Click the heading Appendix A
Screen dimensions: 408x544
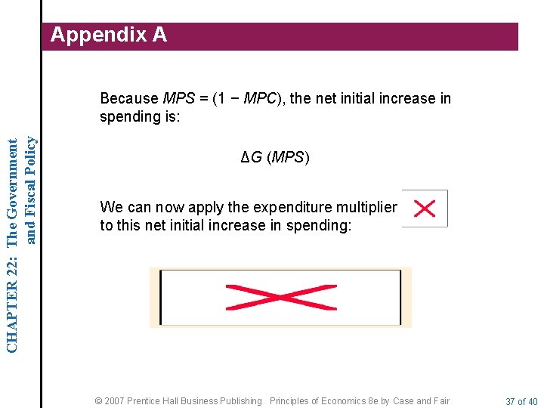(108, 35)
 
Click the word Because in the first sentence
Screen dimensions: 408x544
(129, 98)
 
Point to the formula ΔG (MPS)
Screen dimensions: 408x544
(275, 158)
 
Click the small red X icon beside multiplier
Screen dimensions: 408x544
(425, 209)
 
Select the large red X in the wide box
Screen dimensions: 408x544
(280, 297)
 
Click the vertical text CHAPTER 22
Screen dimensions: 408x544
(12, 298)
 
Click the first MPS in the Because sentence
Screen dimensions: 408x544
(178, 98)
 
